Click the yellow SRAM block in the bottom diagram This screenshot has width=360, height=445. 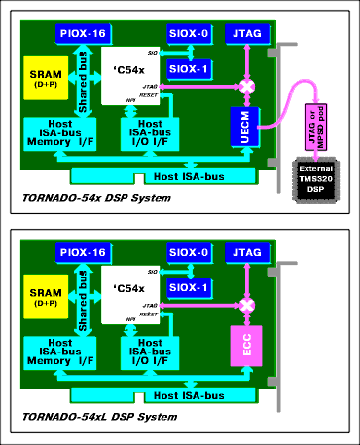pyautogui.click(x=42, y=297)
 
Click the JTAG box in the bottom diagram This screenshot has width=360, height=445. pyautogui.click(x=246, y=253)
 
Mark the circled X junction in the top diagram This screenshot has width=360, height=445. pyautogui.click(x=248, y=88)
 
